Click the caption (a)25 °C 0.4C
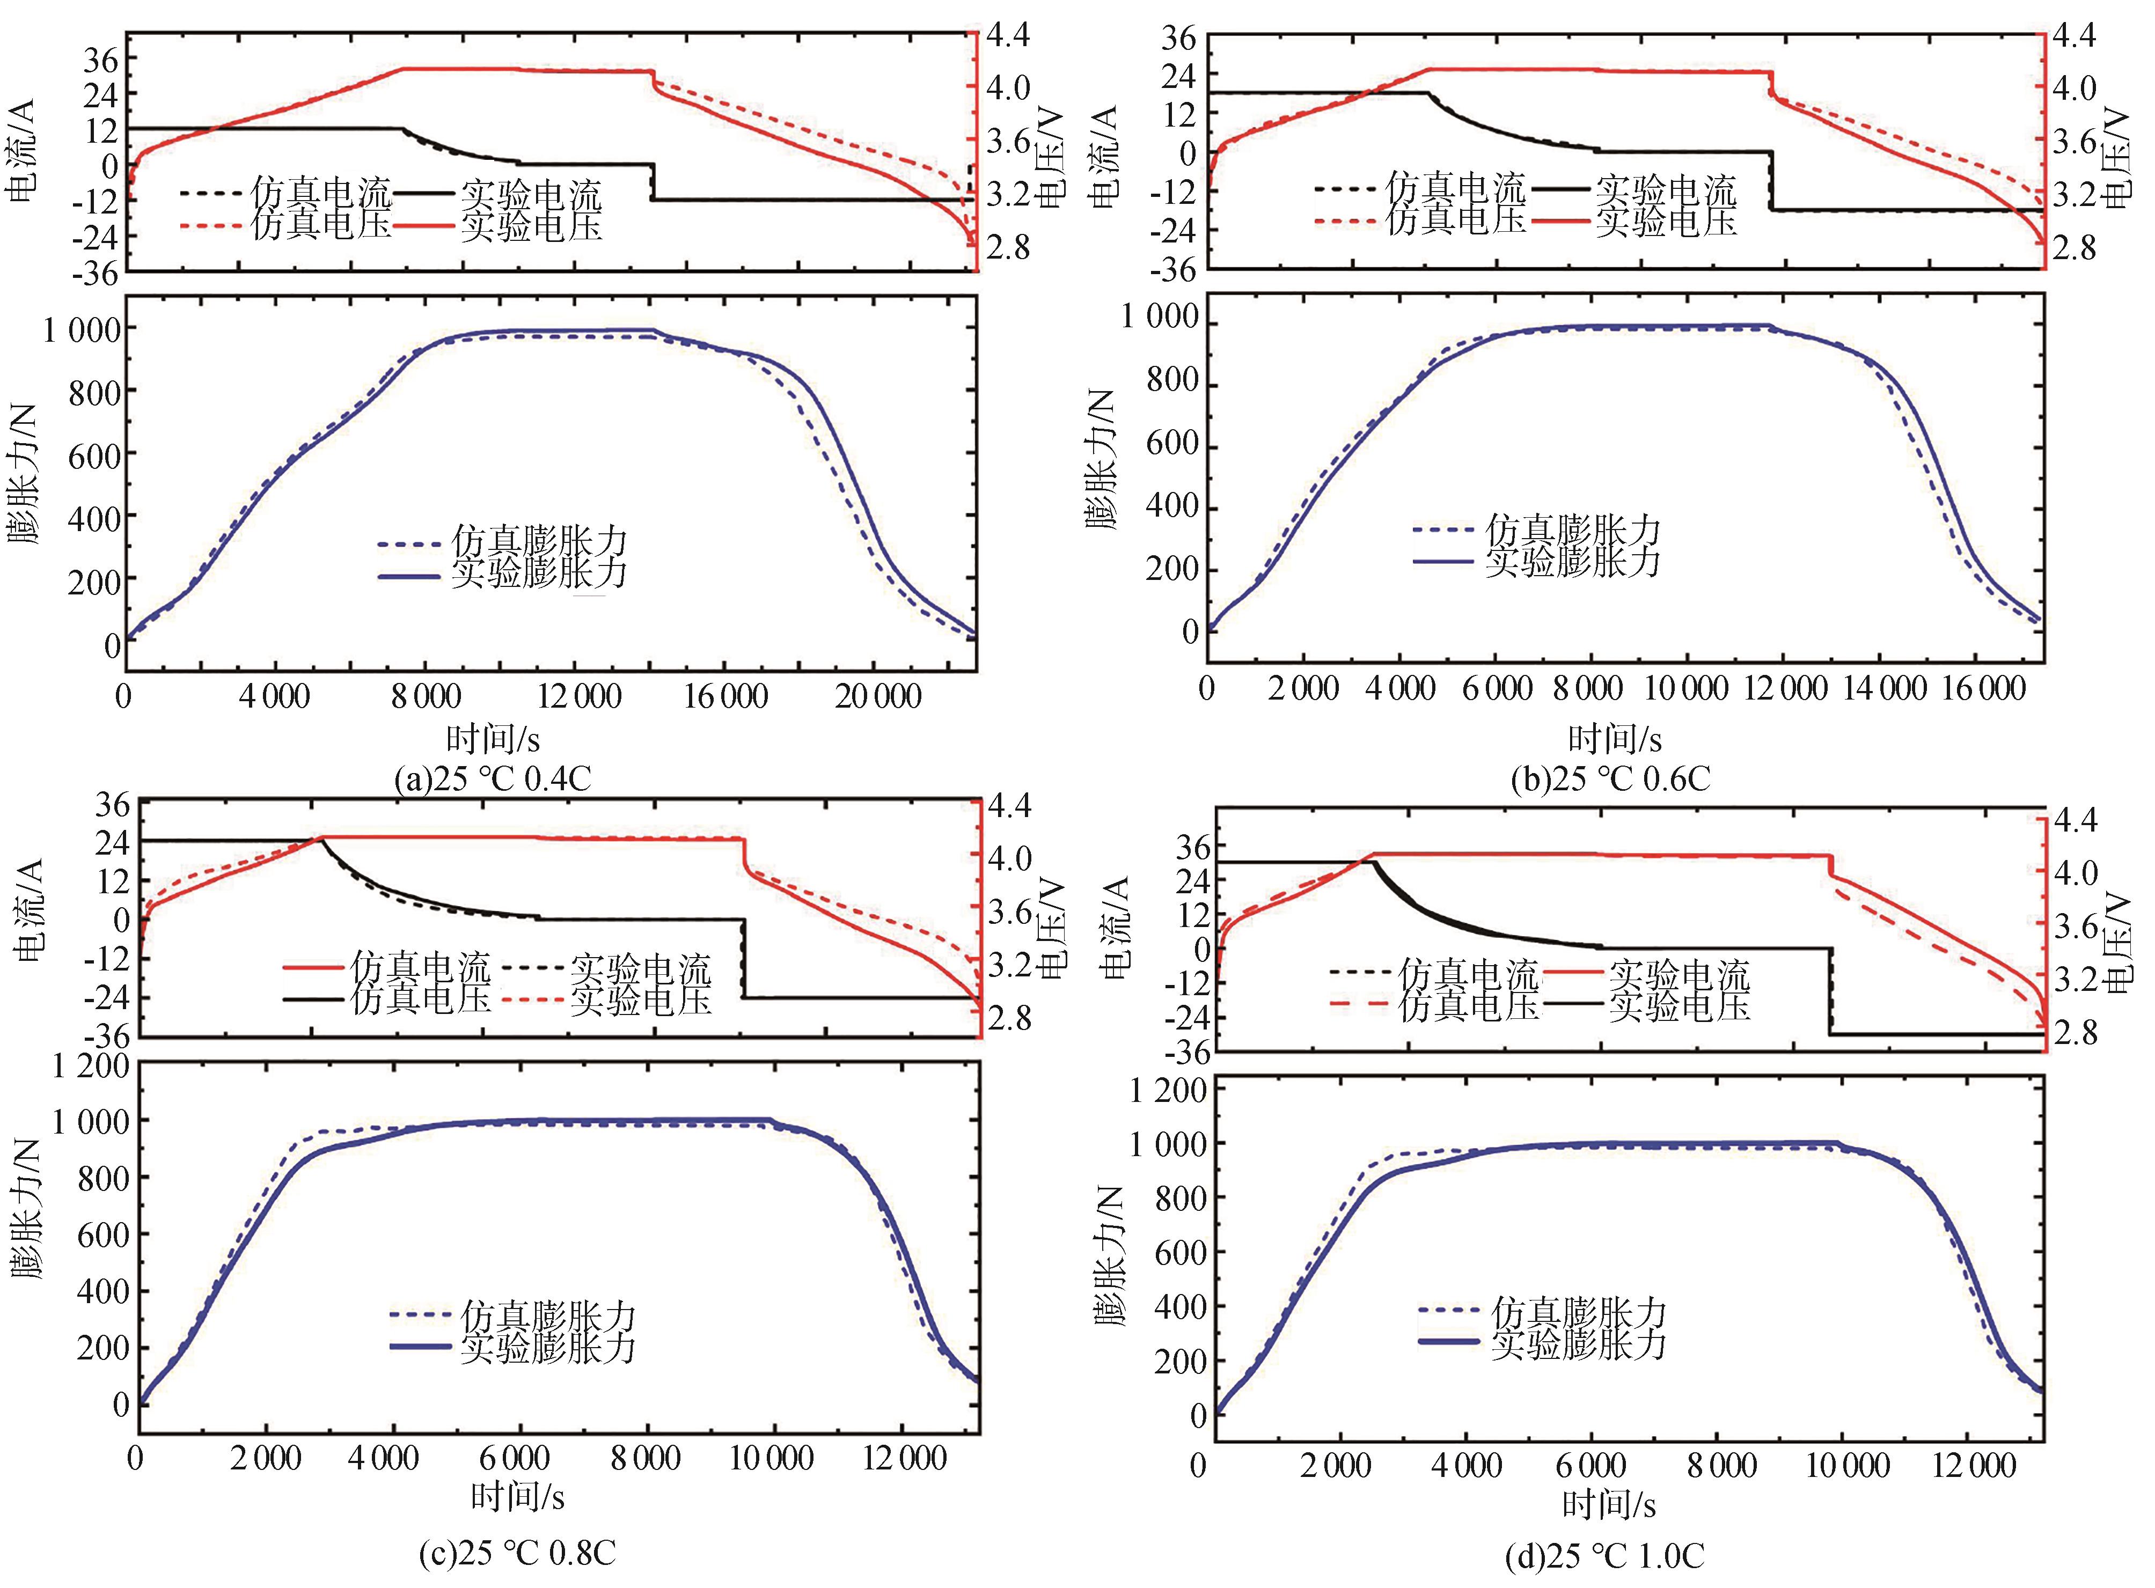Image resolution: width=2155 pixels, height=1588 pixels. [492, 778]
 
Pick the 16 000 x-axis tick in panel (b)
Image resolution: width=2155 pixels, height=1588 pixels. [1982, 689]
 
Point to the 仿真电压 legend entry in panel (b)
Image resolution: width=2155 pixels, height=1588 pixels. [1455, 220]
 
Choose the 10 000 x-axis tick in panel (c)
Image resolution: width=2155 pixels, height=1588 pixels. [772, 1459]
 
